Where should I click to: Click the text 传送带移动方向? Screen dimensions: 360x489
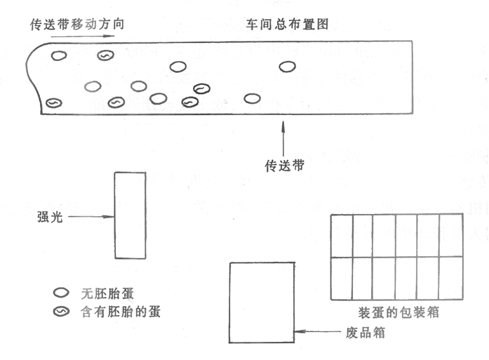tap(76, 23)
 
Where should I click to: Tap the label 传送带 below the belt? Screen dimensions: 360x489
tap(284, 166)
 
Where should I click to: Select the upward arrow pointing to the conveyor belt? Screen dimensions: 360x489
tap(283, 138)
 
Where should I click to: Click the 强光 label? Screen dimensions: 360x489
tap(48, 217)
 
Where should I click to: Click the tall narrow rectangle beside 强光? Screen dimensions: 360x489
tap(130, 215)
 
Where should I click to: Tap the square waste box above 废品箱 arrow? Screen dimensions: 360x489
tap(261, 302)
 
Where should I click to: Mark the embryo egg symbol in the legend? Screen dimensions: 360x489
tap(63, 311)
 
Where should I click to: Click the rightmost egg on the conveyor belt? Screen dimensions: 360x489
tap(286, 67)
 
